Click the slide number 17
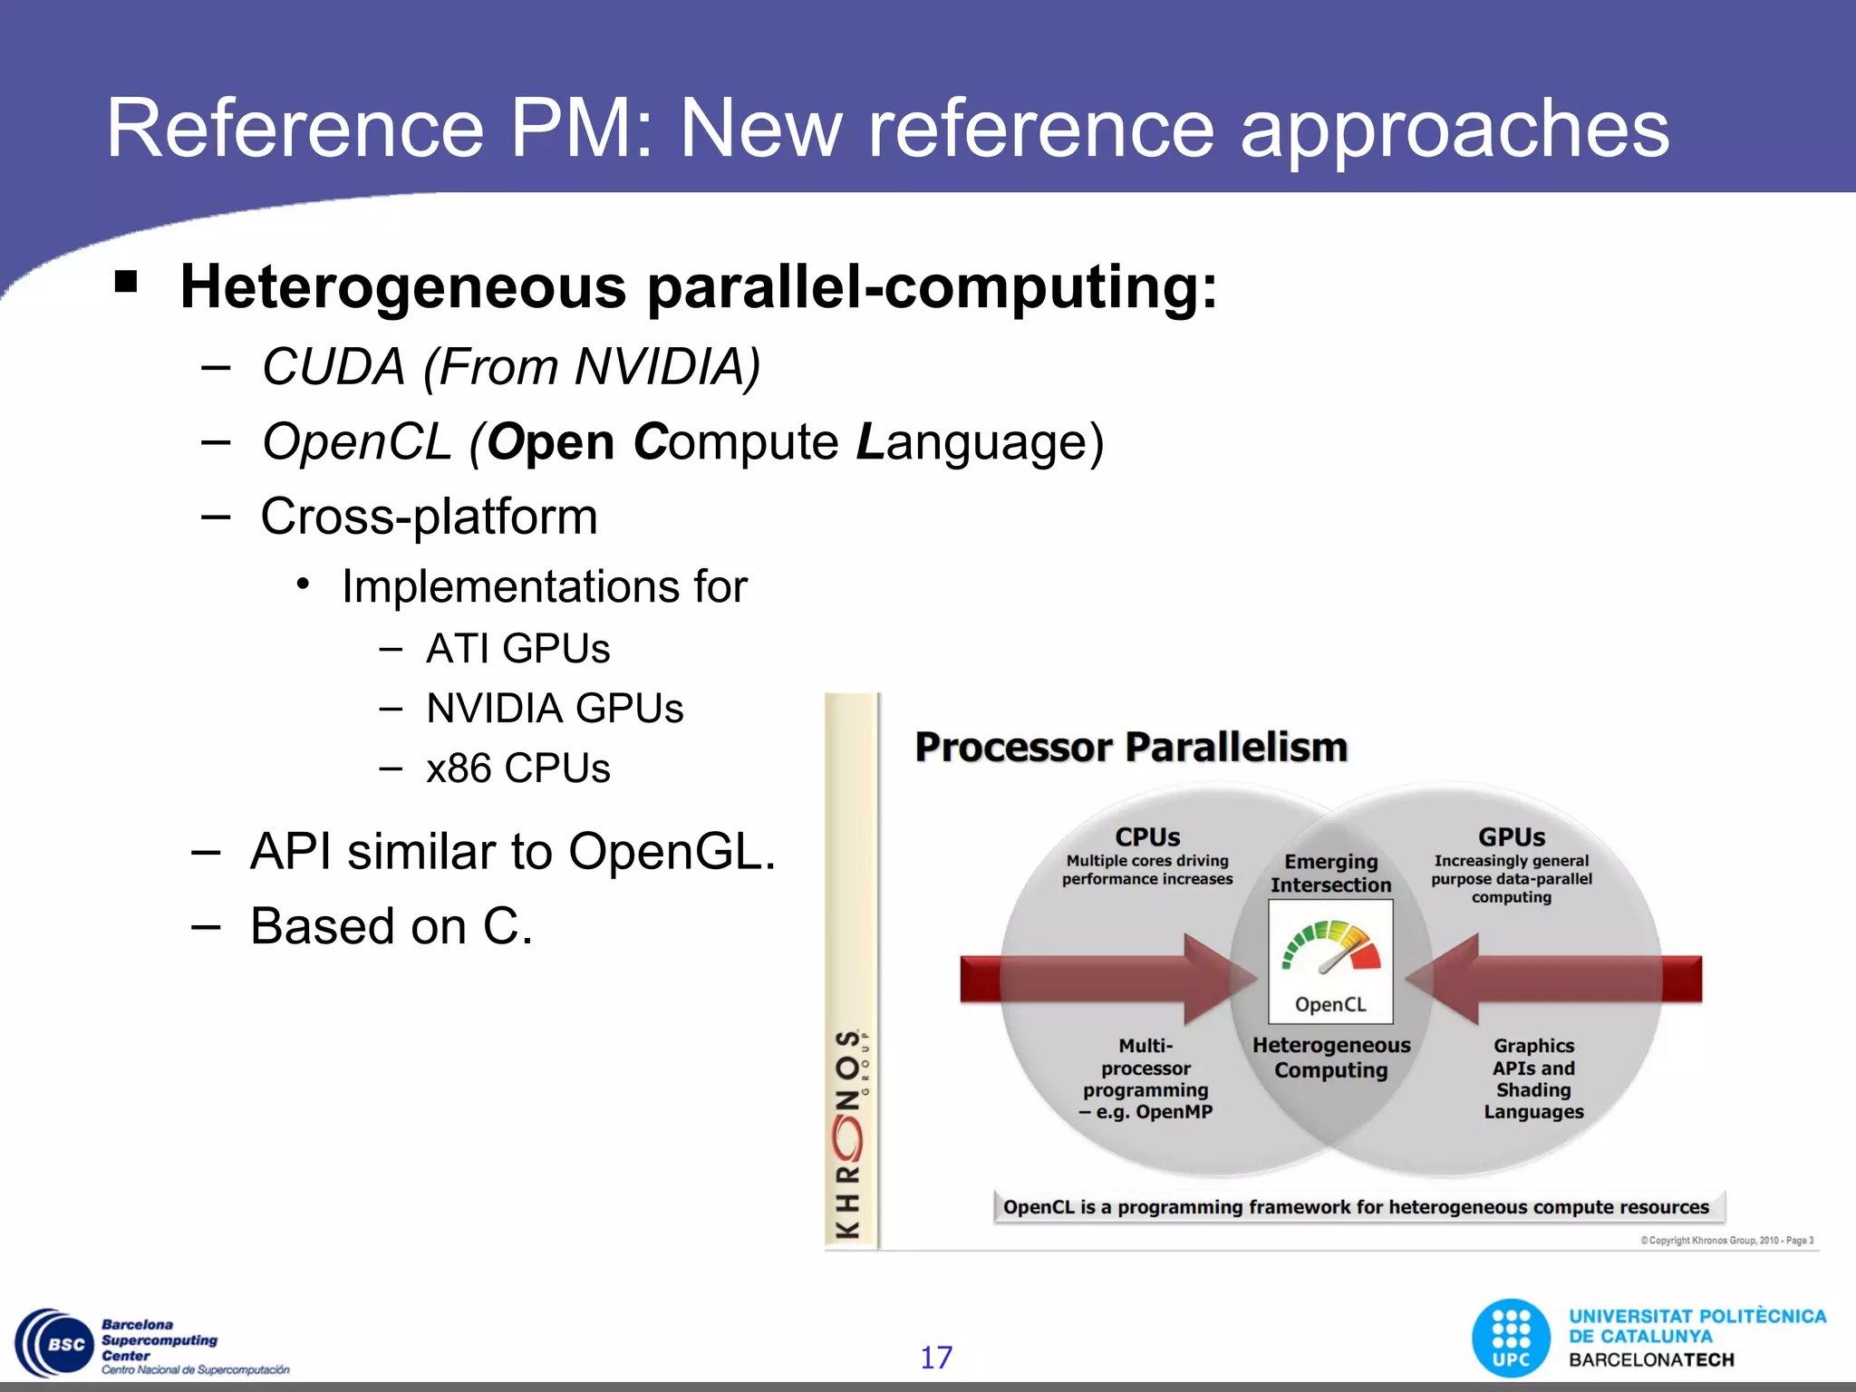tap(936, 1357)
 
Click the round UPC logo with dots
tap(1511, 1338)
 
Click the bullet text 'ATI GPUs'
tap(517, 649)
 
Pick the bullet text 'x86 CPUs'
tap(517, 768)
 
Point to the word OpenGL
tap(671, 852)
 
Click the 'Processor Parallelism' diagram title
tap(1131, 748)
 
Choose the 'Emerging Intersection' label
tap(1330, 873)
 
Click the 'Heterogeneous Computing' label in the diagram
tap(1331, 1058)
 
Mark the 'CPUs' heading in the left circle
tap(1147, 836)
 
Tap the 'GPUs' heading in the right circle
tap(1512, 836)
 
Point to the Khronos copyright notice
tap(1726, 1241)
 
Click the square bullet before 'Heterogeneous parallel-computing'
tap(126, 282)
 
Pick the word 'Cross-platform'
tap(429, 517)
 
